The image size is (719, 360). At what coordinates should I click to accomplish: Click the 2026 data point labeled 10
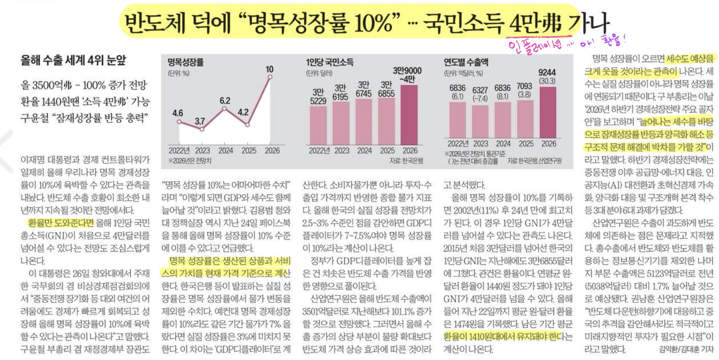(x=270, y=77)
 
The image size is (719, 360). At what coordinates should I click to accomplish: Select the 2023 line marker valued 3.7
(x=202, y=129)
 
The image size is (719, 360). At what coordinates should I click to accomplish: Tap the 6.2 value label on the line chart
(x=225, y=101)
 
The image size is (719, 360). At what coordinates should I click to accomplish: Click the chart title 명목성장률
(x=186, y=62)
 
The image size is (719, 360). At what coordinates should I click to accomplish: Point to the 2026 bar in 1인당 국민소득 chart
(x=409, y=115)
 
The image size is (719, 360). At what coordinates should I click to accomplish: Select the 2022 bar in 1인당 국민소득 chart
(x=318, y=125)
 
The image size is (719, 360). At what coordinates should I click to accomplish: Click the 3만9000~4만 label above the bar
(x=407, y=75)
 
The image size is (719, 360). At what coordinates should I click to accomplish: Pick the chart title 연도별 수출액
(x=466, y=62)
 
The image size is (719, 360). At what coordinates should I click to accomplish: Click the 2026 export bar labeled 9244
(x=548, y=112)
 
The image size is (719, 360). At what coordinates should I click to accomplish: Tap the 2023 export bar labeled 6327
(x=480, y=121)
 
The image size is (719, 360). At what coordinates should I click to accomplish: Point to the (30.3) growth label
(x=547, y=81)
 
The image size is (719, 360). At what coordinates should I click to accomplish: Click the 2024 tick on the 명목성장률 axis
(x=226, y=151)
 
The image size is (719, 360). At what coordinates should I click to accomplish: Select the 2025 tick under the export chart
(x=526, y=144)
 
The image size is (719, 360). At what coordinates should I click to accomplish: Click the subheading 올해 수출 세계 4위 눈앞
(x=73, y=60)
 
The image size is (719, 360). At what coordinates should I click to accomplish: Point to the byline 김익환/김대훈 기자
(x=686, y=349)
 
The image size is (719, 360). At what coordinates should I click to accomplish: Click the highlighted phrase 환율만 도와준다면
(x=61, y=223)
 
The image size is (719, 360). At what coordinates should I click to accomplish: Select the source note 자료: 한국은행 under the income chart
(x=406, y=161)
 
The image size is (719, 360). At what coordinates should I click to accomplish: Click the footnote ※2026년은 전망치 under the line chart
(x=190, y=161)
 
